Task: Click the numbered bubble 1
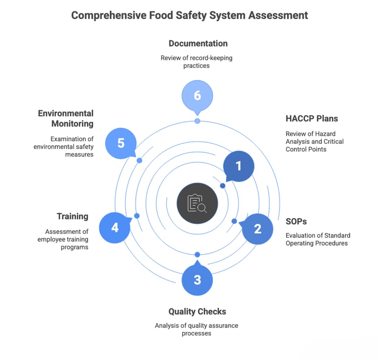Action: coord(239,166)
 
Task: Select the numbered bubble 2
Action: coord(257,229)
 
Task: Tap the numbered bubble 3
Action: coord(197,280)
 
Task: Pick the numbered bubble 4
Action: coord(115,228)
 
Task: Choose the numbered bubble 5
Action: coord(121,143)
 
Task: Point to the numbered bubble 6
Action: coord(197,95)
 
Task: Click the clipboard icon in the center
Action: coord(197,203)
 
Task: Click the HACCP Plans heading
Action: coord(312,119)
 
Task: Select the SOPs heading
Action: coord(296,221)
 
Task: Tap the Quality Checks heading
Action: coord(197,312)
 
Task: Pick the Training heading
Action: coord(72,216)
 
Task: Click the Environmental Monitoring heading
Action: coord(65,119)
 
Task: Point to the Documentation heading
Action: coord(198,43)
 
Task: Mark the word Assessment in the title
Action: coord(278,15)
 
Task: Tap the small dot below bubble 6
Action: coord(197,121)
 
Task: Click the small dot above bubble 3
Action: coord(197,255)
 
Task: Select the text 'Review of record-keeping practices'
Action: coord(196,62)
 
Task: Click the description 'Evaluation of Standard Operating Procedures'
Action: coord(317,239)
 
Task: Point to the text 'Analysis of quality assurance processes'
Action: coord(196,329)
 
